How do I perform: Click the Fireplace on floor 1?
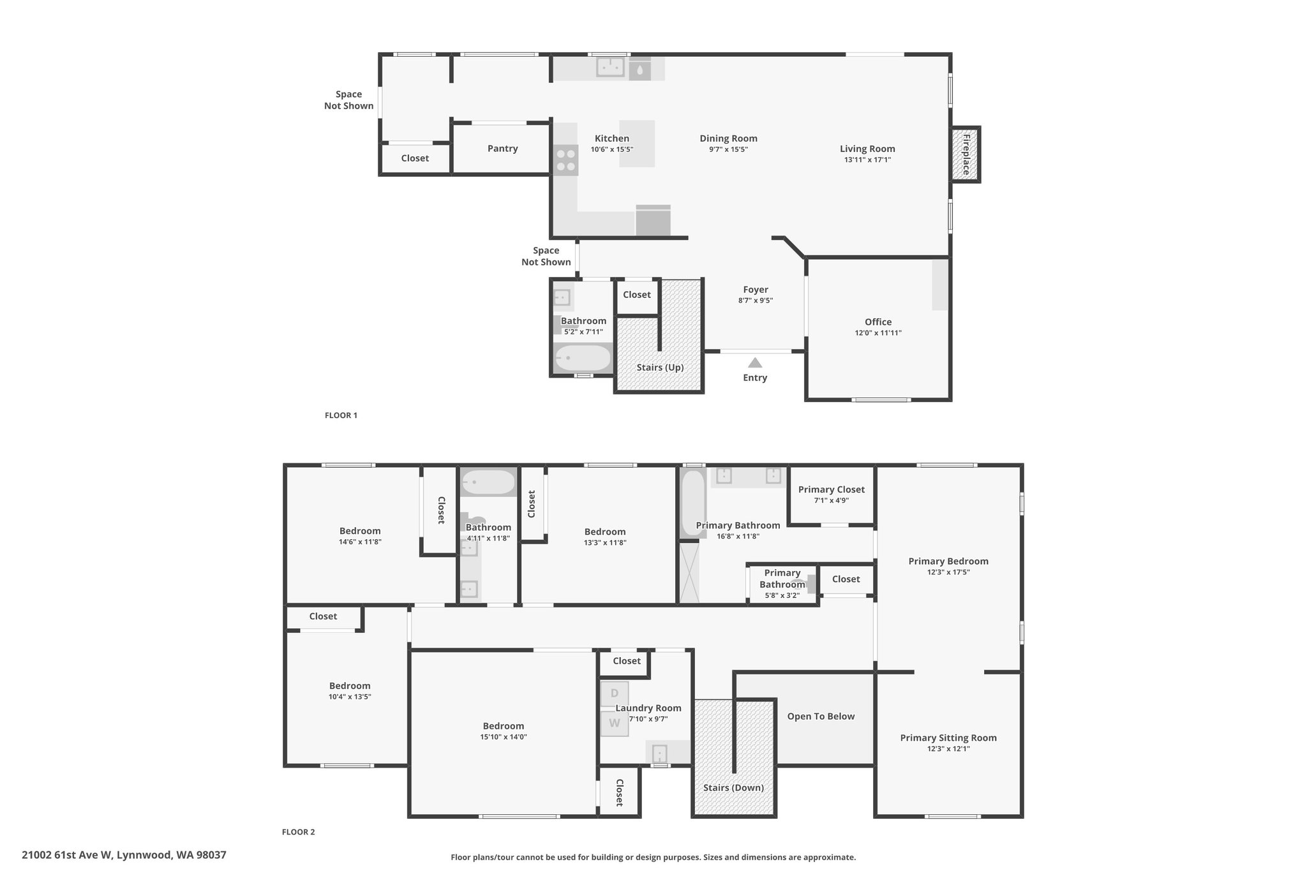(x=965, y=154)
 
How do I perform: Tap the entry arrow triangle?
(x=755, y=362)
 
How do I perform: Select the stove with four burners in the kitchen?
(x=565, y=160)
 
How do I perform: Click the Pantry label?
(x=502, y=149)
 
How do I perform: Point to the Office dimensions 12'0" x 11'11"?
(x=878, y=333)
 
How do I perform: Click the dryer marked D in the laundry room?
(x=615, y=694)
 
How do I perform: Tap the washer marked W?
(x=615, y=724)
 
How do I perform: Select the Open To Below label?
(x=821, y=717)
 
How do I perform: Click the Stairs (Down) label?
(x=733, y=787)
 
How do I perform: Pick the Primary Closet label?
(x=832, y=489)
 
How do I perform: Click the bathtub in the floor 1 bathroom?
(x=583, y=358)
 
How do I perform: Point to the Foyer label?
(x=756, y=290)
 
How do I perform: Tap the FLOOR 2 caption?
(x=299, y=832)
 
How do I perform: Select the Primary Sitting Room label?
(x=948, y=738)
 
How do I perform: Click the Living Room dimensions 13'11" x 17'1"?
(x=867, y=160)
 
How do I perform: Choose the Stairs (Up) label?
(x=660, y=368)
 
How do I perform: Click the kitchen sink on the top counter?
(x=610, y=67)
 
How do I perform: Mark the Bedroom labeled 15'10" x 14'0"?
(x=504, y=726)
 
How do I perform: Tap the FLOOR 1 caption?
(x=341, y=415)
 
